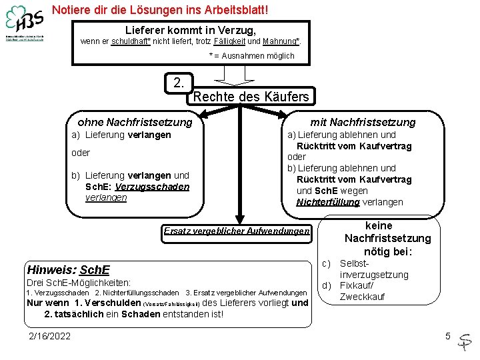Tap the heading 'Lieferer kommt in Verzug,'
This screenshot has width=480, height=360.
pyautogui.click(x=190, y=31)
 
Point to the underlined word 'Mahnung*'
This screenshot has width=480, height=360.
pyautogui.click(x=281, y=42)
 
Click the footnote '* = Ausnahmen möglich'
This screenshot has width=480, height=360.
pyautogui.click(x=251, y=56)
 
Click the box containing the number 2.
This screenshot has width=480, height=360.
pyautogui.click(x=179, y=83)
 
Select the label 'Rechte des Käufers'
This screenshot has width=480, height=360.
pyautogui.click(x=251, y=97)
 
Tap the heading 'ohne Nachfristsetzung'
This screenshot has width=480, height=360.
pyautogui.click(x=135, y=122)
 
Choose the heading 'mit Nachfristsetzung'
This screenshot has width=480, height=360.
pyautogui.click(x=363, y=122)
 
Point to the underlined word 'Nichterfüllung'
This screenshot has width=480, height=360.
pyautogui.click(x=328, y=202)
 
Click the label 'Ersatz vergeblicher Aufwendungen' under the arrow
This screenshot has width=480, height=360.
pyautogui.click(x=237, y=231)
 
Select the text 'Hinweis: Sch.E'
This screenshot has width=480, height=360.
pyautogui.click(x=59, y=269)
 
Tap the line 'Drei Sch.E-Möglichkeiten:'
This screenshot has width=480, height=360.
pyautogui.click(x=78, y=283)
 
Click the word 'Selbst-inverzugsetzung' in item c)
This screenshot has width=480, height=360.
pyautogui.click(x=373, y=269)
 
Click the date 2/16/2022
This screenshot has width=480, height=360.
pyautogui.click(x=49, y=336)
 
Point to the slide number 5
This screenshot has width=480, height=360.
pyautogui.click(x=448, y=336)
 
